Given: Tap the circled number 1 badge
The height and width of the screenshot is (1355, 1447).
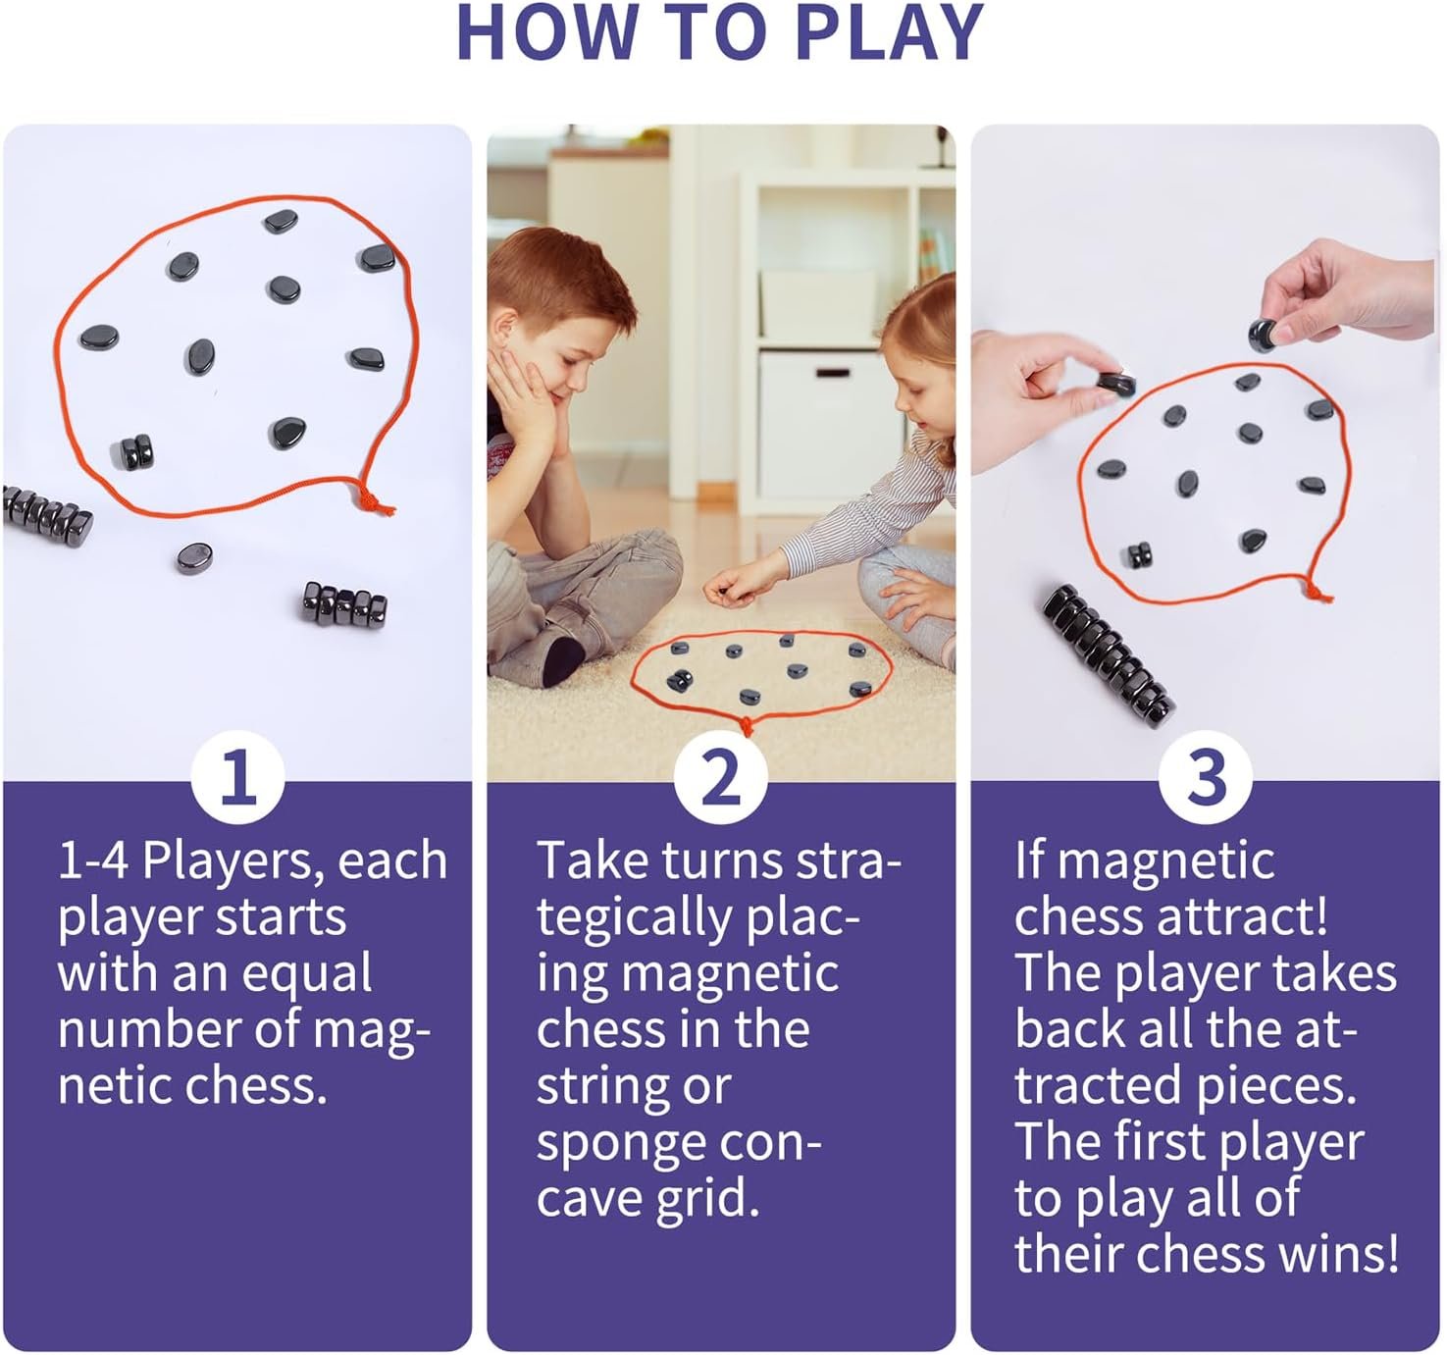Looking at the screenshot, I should (x=237, y=778).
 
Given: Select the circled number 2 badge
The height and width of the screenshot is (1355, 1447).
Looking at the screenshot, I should (x=721, y=778).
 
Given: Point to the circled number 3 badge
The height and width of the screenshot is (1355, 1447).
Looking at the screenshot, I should (x=1206, y=778).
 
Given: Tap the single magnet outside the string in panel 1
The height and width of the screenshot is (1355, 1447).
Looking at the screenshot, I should (x=194, y=557).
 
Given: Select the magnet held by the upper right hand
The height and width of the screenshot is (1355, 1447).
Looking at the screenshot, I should (x=1265, y=335).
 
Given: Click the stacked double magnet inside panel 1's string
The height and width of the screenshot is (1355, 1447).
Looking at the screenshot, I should (x=136, y=451).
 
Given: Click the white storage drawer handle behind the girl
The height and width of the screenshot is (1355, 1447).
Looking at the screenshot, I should (x=832, y=373).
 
